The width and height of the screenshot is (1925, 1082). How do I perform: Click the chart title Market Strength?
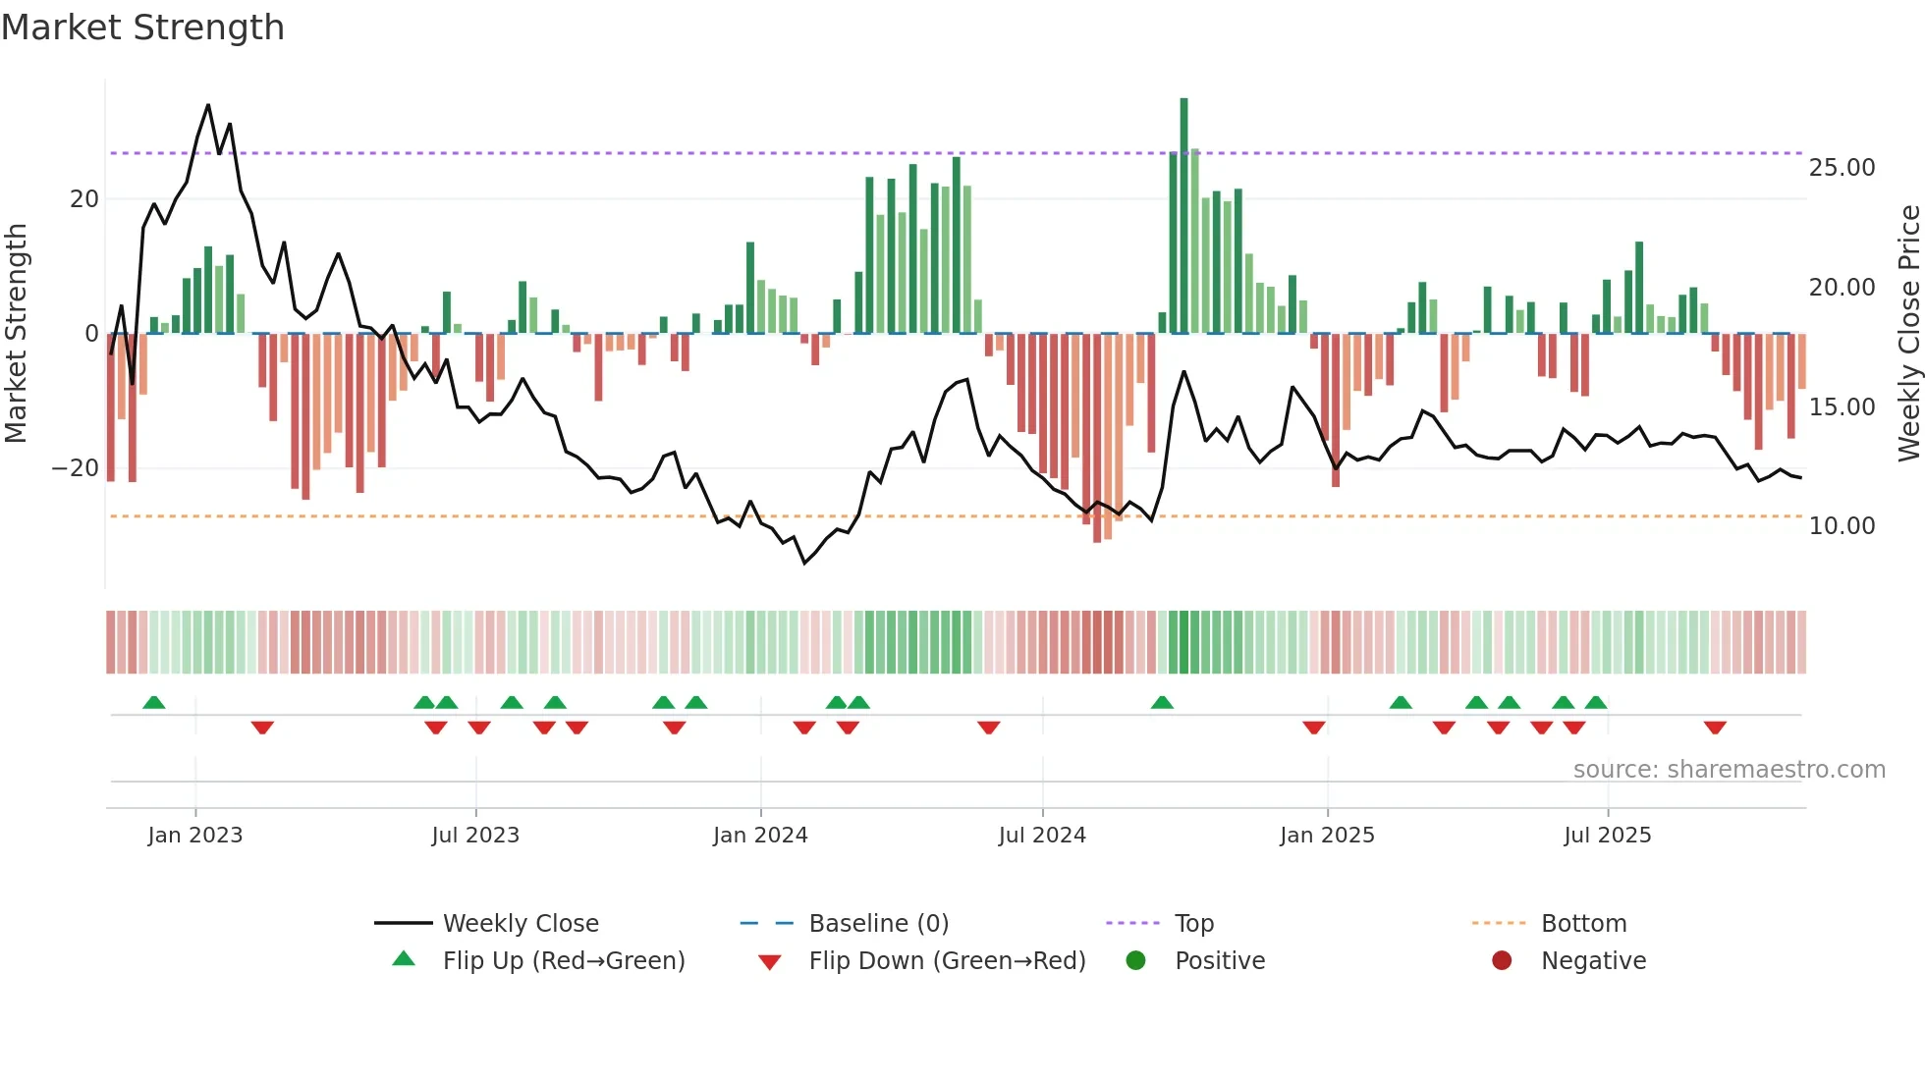pos(142,27)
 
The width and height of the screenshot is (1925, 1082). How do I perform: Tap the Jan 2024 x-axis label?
pos(760,835)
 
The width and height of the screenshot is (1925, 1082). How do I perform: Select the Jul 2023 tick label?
pos(475,835)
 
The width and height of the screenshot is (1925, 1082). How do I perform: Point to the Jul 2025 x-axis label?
pos(1607,835)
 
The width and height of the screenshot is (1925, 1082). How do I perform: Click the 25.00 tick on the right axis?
pos(1842,168)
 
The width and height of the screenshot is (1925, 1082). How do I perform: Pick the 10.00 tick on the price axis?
pos(1842,526)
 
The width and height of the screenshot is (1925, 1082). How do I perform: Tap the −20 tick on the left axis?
pos(75,468)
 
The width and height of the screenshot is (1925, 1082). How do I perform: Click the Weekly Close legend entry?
pos(520,923)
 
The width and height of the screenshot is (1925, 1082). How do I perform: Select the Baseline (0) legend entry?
pos(878,923)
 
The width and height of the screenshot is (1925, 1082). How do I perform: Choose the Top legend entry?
pos(1193,923)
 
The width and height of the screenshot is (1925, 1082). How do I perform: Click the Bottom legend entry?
pos(1583,923)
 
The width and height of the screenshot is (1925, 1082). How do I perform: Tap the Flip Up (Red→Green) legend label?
pos(563,960)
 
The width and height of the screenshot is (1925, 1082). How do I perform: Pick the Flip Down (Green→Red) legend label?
pos(947,960)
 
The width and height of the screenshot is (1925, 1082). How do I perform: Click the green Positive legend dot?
pos(1135,960)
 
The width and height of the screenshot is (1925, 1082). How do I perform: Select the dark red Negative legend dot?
pos(1501,960)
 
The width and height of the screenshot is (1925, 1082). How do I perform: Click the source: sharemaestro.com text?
pos(1729,769)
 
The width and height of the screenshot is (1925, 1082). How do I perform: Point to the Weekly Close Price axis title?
pos(1908,333)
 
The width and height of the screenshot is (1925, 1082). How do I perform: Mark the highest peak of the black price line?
pos(208,105)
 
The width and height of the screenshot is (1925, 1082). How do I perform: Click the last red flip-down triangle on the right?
pos(1715,728)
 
